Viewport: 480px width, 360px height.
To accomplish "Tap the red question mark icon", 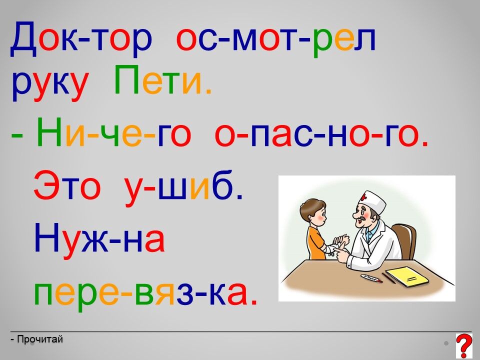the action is click(x=464, y=346).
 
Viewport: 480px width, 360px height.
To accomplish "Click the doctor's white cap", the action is click(x=373, y=201).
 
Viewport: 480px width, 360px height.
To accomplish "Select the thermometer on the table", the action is click(x=371, y=278).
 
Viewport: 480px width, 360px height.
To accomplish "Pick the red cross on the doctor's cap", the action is click(x=363, y=197).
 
